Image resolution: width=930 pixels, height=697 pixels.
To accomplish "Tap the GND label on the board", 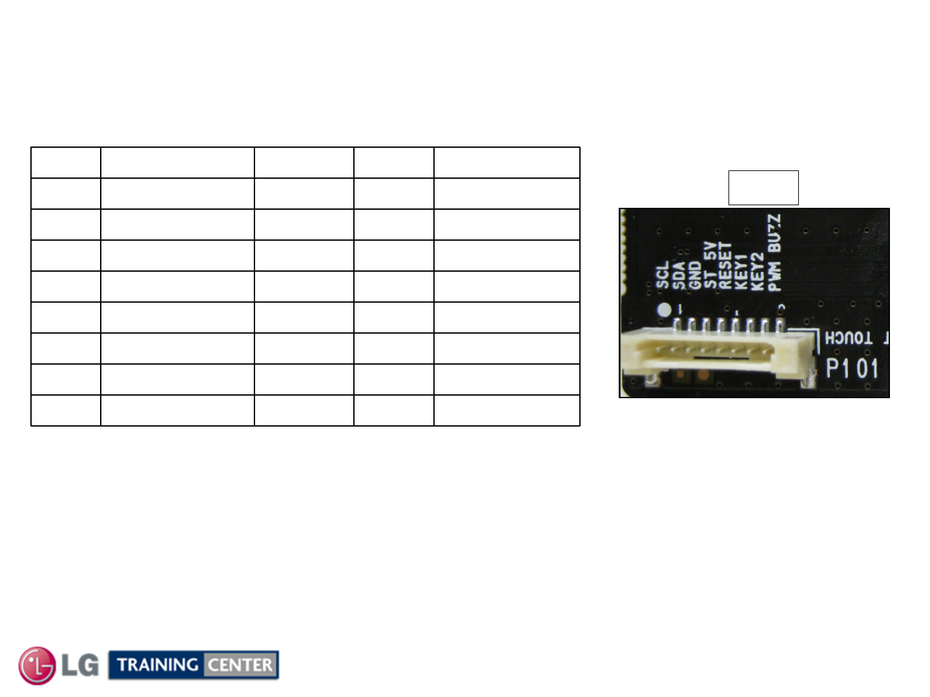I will pyautogui.click(x=694, y=276).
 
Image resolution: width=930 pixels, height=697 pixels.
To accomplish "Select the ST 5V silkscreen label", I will pyautogui.click(x=710, y=266).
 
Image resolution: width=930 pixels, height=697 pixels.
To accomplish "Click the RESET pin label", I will pyautogui.click(x=725, y=266).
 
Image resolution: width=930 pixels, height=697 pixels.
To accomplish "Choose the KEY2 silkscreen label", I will pyautogui.click(x=757, y=271).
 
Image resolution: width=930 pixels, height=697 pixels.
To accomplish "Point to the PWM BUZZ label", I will pyautogui.click(x=774, y=253).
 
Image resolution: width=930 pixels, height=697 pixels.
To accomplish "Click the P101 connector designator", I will pyautogui.click(x=852, y=369).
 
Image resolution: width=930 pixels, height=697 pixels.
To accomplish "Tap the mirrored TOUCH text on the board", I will pyautogui.click(x=849, y=338).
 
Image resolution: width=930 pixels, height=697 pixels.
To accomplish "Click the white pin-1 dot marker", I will pyautogui.click(x=664, y=310).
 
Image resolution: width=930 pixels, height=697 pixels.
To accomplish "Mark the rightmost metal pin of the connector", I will pyautogui.click(x=780, y=324).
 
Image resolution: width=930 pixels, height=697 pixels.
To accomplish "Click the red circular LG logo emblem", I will pyautogui.click(x=37, y=665).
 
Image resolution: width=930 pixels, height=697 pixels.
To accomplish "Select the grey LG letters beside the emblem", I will pyautogui.click(x=80, y=665).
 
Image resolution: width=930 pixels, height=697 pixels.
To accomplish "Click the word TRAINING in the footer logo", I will pyautogui.click(x=158, y=665).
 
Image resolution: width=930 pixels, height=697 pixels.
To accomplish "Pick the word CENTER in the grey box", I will pyautogui.click(x=240, y=665).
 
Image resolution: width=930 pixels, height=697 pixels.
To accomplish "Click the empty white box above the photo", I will pyautogui.click(x=763, y=188).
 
